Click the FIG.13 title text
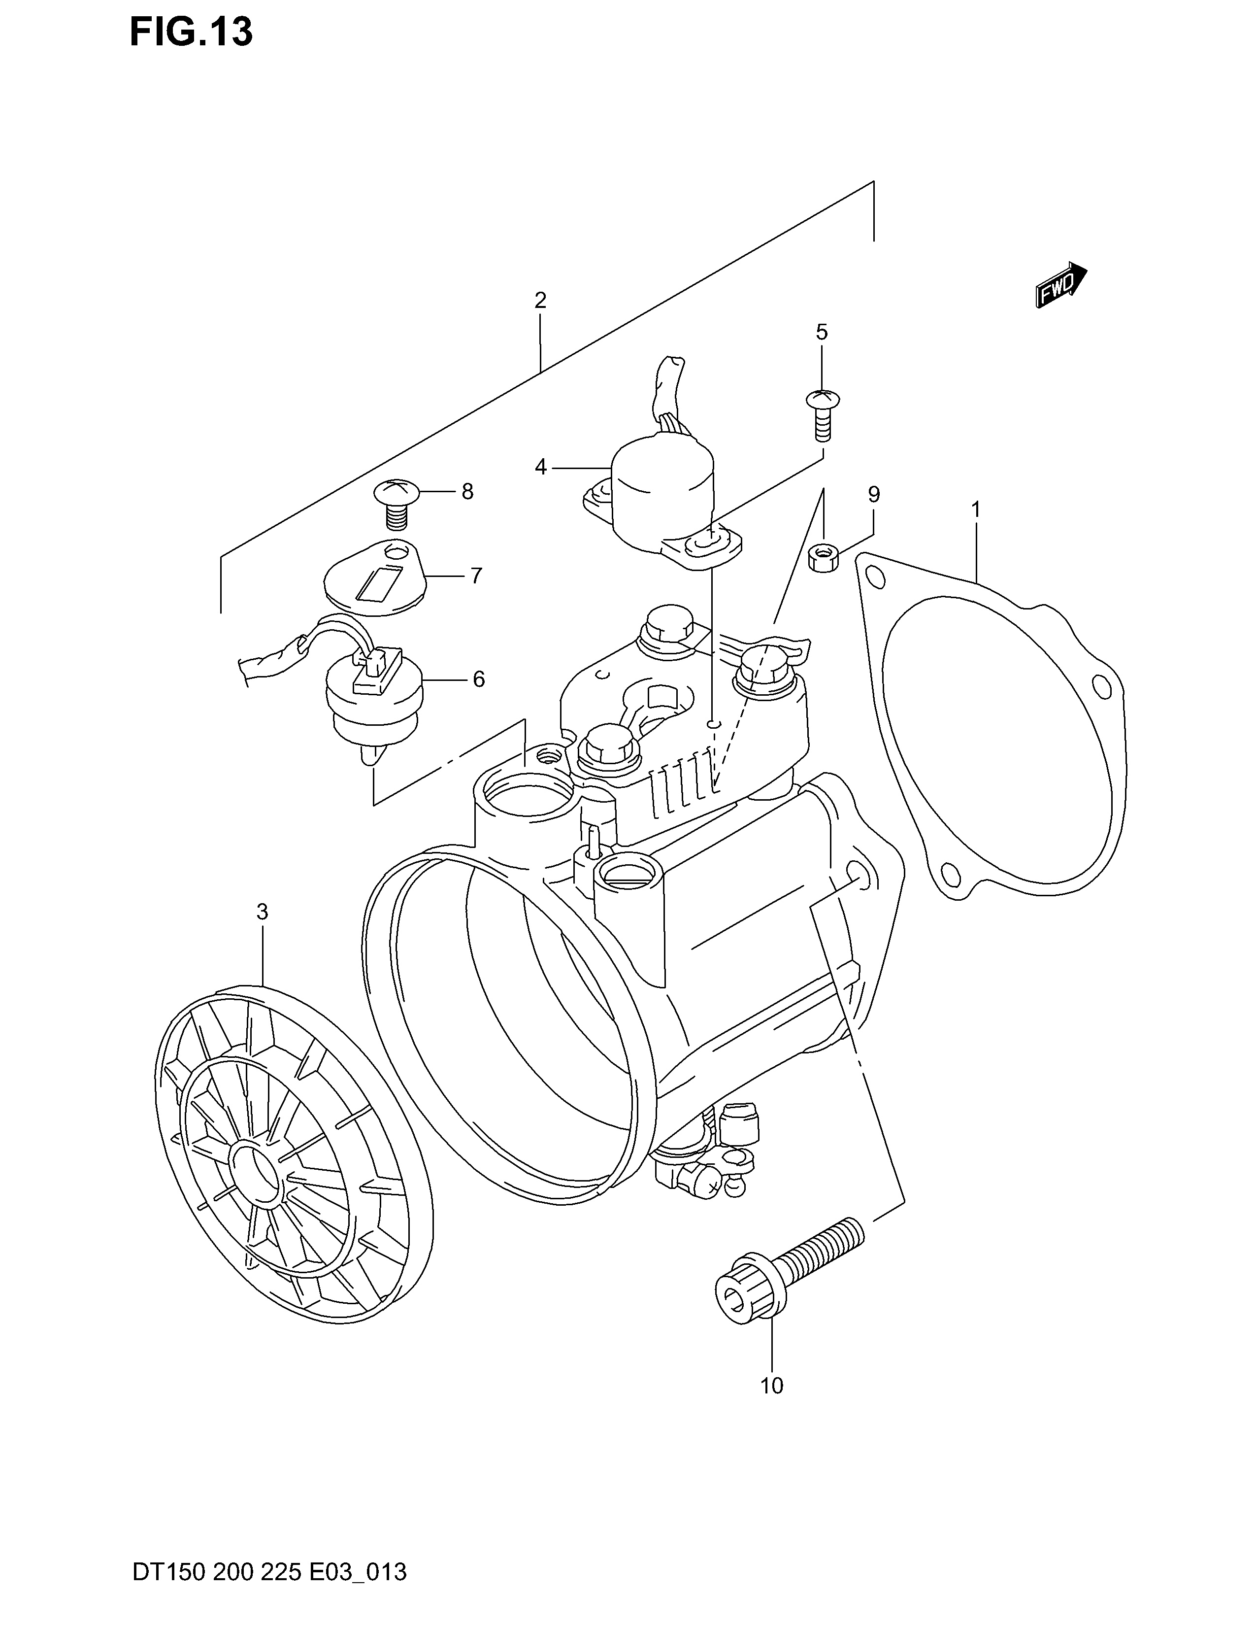[x=191, y=32]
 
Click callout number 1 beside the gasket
[x=975, y=511]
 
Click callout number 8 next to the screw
[x=467, y=491]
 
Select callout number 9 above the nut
[x=874, y=494]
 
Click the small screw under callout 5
[x=822, y=415]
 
